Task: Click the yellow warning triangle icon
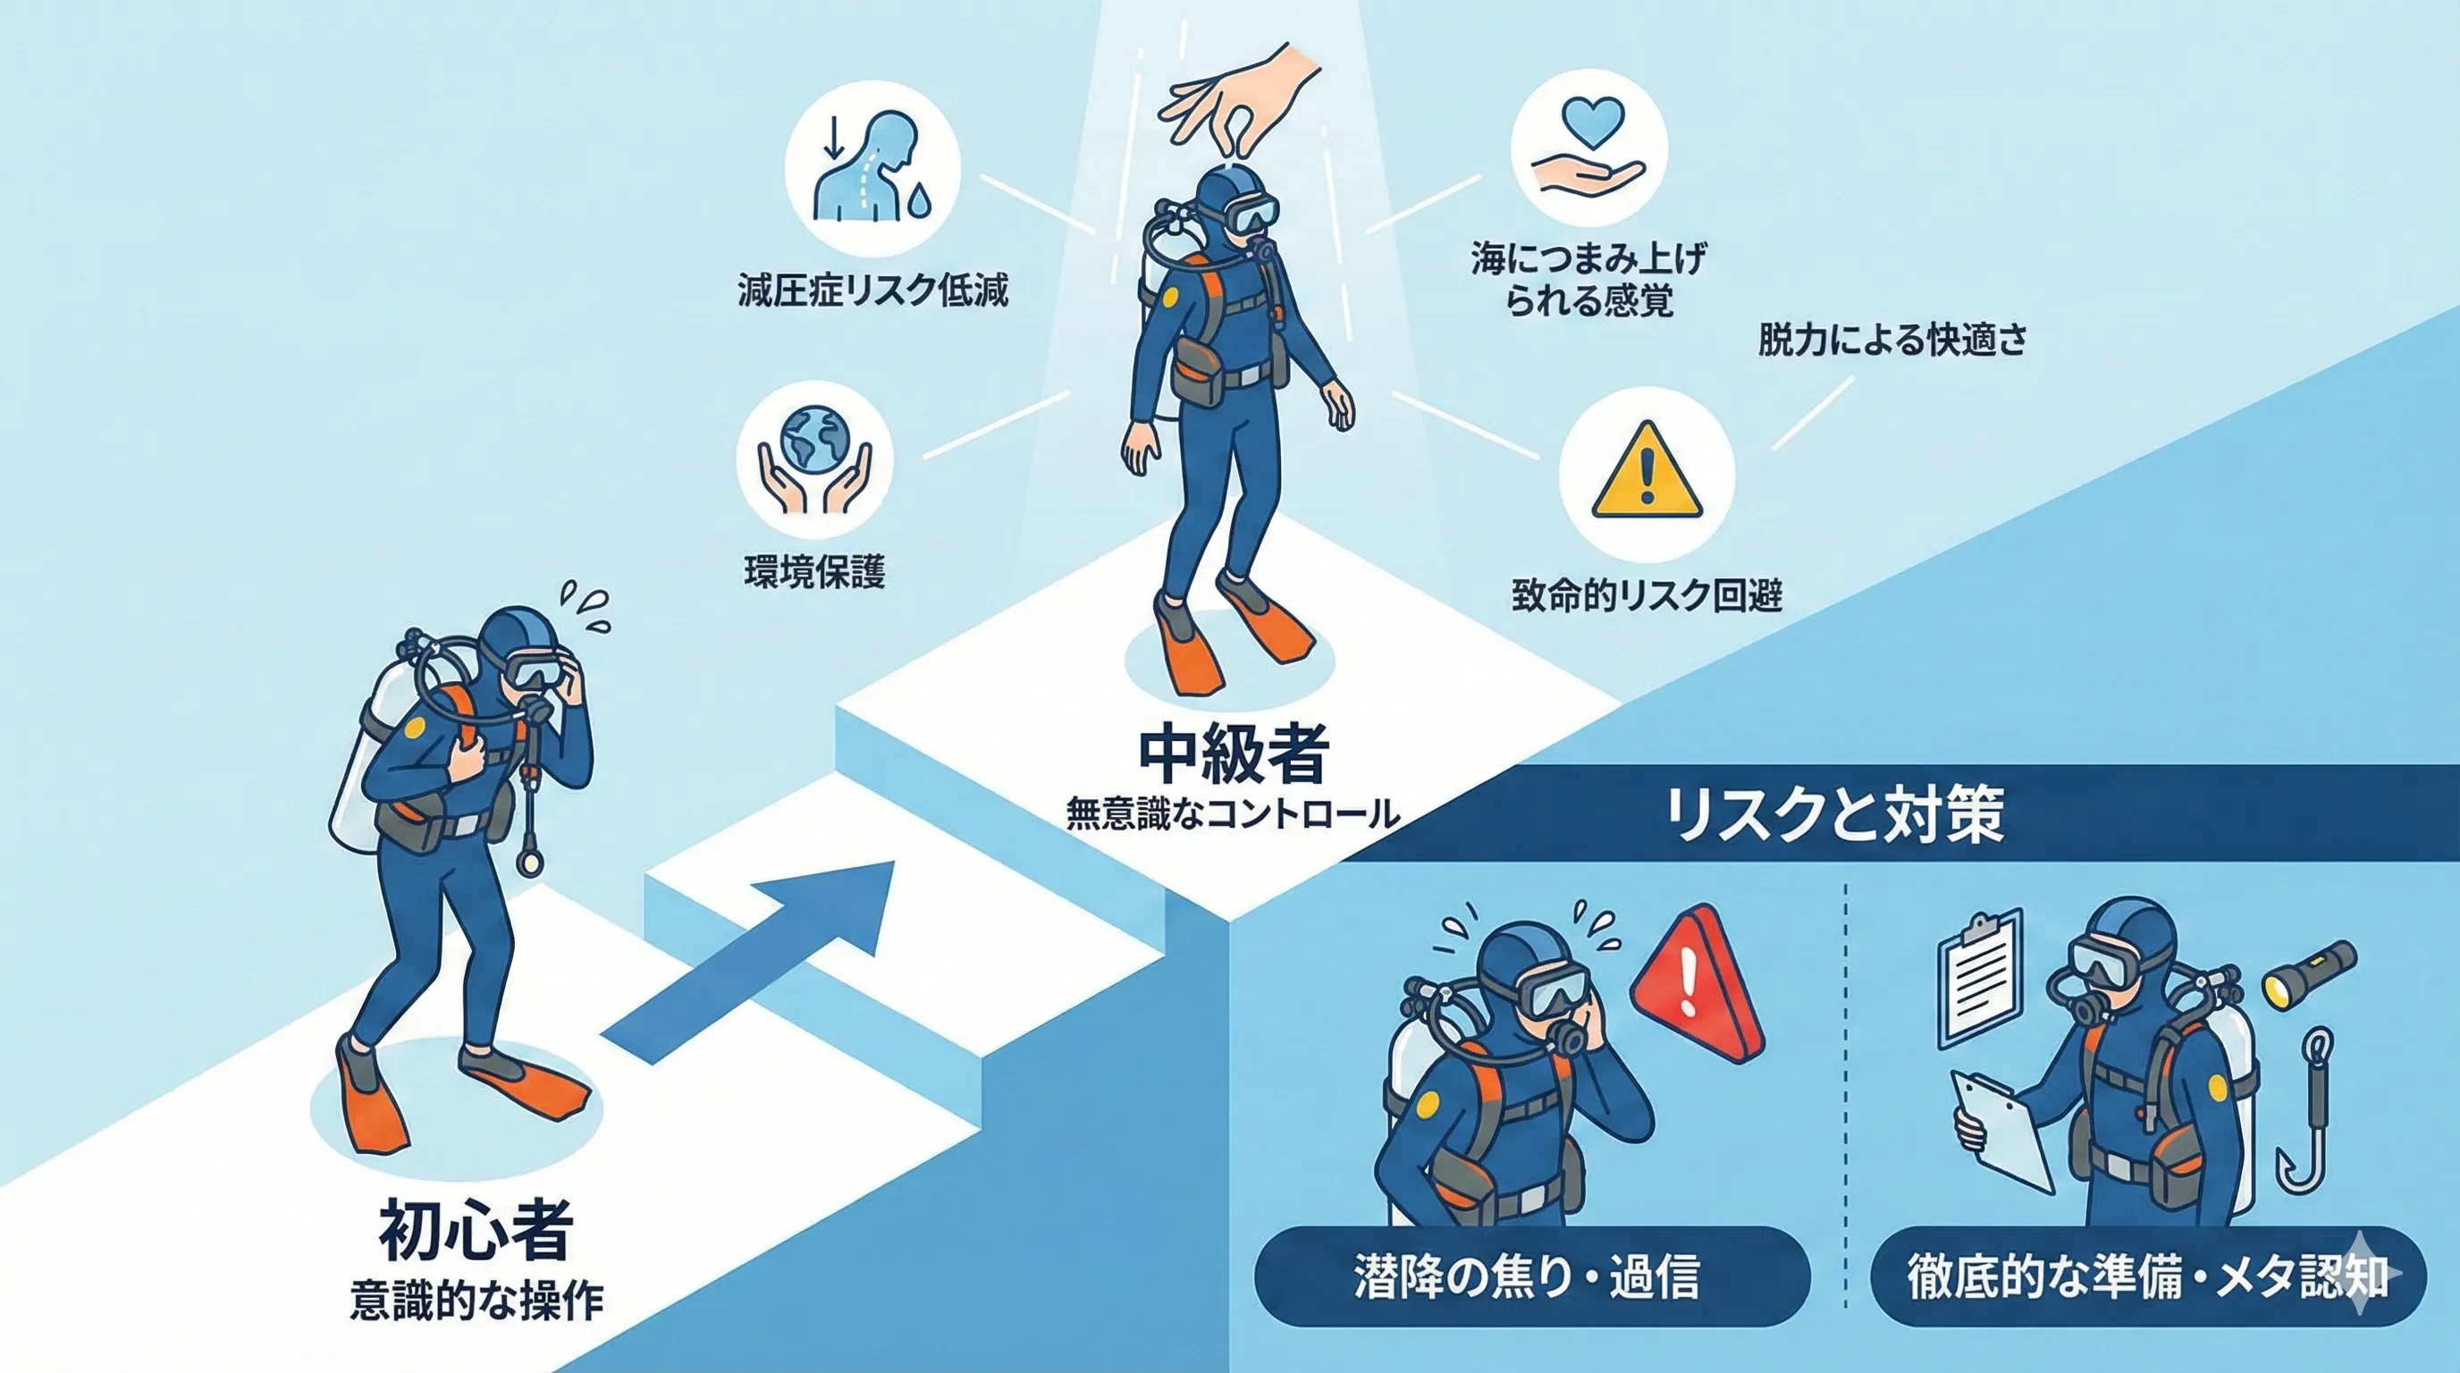(1647, 468)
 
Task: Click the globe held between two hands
(814, 439)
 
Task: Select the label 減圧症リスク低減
(872, 291)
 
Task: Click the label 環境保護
(814, 572)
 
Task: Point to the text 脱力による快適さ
(1892, 340)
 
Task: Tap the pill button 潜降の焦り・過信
(1532, 1276)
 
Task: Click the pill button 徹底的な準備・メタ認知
(2148, 1276)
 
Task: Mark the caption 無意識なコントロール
(1233, 813)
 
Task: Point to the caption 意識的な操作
(476, 1301)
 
